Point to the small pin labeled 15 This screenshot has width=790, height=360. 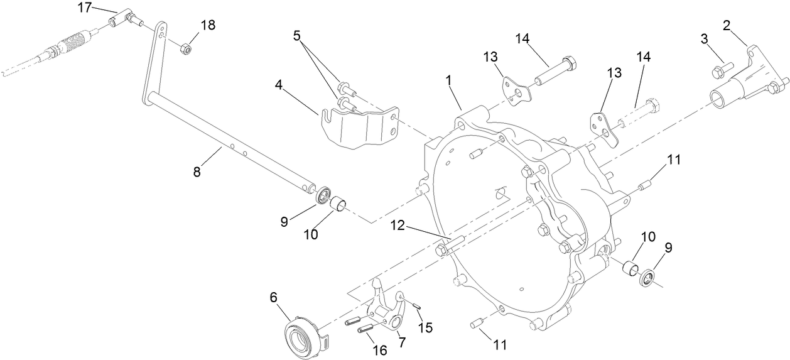point(416,305)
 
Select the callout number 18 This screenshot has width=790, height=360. point(207,25)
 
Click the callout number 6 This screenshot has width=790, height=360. point(273,300)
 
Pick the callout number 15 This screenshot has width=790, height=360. point(426,327)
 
